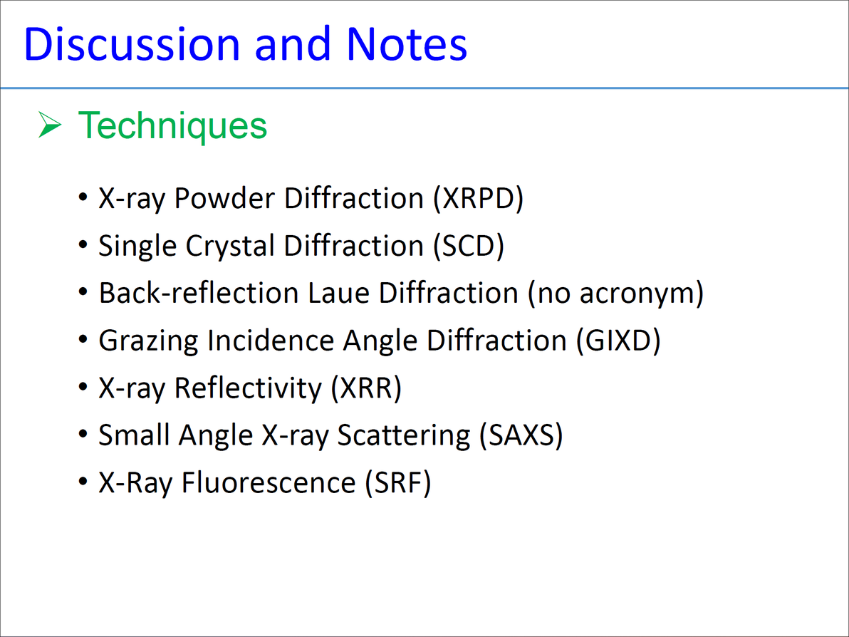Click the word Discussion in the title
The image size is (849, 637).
[132, 43]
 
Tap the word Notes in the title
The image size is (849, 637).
[406, 43]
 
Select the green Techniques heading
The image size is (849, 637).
[172, 125]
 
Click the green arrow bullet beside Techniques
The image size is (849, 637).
[50, 125]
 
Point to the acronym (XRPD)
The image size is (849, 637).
[478, 198]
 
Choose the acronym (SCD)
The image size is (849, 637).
[469, 246]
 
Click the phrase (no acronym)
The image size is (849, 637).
[615, 293]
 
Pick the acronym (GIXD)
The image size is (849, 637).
[618, 341]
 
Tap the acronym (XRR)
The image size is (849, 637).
[367, 388]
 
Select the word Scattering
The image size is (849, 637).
[404, 436]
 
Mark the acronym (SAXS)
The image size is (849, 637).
[521, 435]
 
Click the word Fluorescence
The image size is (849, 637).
[269, 482]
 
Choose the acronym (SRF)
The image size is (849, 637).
[398, 482]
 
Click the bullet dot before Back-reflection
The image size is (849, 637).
[83, 293]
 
